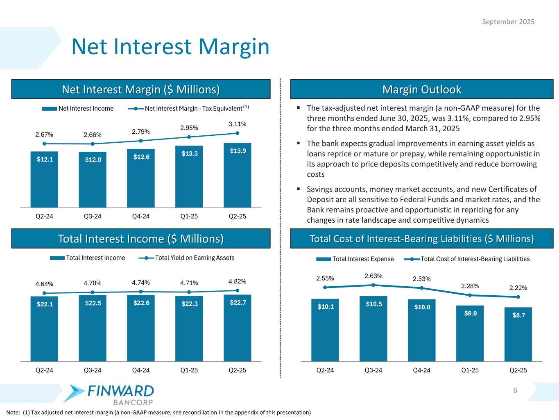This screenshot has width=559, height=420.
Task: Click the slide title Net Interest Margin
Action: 170,47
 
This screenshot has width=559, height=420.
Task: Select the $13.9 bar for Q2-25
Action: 238,175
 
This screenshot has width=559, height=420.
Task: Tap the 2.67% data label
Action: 44,135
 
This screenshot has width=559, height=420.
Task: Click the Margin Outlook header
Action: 421,89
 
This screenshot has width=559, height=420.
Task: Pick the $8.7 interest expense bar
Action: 518,334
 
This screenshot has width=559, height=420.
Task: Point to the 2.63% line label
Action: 373,276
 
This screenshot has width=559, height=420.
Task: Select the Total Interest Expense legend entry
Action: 355,259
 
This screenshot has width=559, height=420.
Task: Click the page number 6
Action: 515,390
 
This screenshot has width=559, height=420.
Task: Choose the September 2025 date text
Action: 508,22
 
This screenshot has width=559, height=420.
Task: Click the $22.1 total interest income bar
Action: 44,329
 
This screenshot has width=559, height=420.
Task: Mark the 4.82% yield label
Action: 238,281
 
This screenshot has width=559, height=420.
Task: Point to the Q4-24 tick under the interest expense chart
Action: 421,370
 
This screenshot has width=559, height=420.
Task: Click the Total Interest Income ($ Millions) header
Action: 141,239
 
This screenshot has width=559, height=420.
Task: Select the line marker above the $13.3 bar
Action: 189,137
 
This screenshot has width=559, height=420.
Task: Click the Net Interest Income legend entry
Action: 78,109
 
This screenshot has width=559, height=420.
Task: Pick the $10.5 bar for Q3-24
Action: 373,329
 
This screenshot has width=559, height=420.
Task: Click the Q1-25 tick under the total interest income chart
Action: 189,370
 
